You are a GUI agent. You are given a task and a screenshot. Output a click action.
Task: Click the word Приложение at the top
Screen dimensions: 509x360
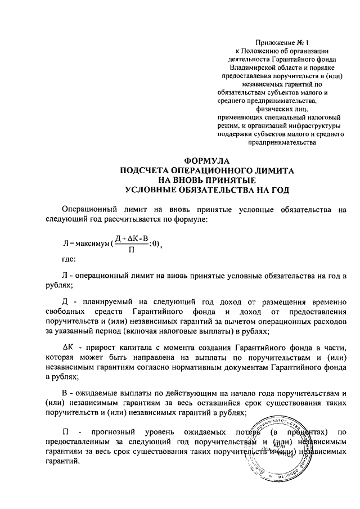274,42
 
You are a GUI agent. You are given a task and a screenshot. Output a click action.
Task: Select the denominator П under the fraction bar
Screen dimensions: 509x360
131,249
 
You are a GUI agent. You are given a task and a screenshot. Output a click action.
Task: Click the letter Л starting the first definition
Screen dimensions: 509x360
65,275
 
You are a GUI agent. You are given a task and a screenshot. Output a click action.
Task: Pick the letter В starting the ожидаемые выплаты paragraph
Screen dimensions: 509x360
65,392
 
